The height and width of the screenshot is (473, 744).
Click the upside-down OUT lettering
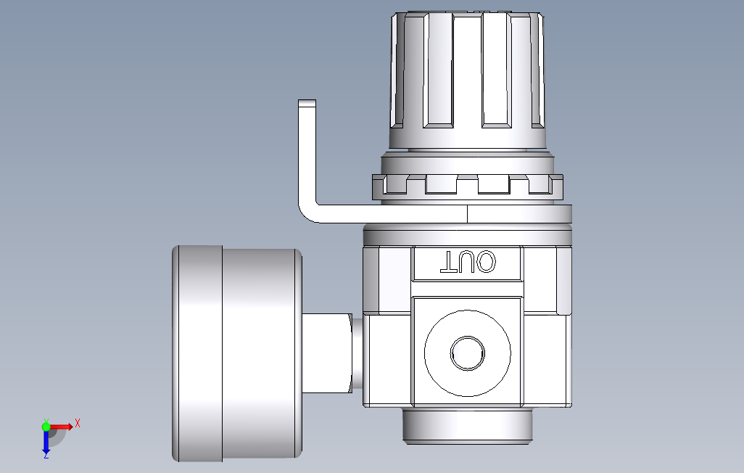tap(468, 262)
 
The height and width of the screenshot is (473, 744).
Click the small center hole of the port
tap(467, 353)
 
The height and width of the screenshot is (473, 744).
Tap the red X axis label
tap(78, 422)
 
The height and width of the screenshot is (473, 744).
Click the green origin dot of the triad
tap(46, 427)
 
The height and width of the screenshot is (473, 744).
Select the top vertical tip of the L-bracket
tap(307, 104)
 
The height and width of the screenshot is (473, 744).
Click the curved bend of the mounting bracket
tap(308, 213)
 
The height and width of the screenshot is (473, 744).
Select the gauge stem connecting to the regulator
tap(326, 353)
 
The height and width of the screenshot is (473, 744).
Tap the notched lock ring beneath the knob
tap(467, 186)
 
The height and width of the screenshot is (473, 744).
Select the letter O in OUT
tap(486, 262)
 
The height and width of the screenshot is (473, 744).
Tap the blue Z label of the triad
tap(46, 456)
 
